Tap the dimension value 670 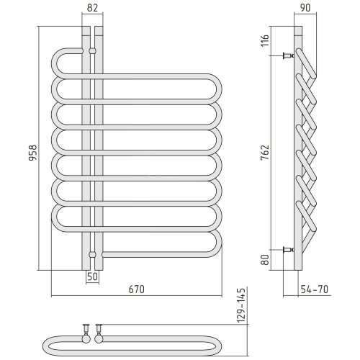click(137, 289)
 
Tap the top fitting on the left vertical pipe click(92, 51)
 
